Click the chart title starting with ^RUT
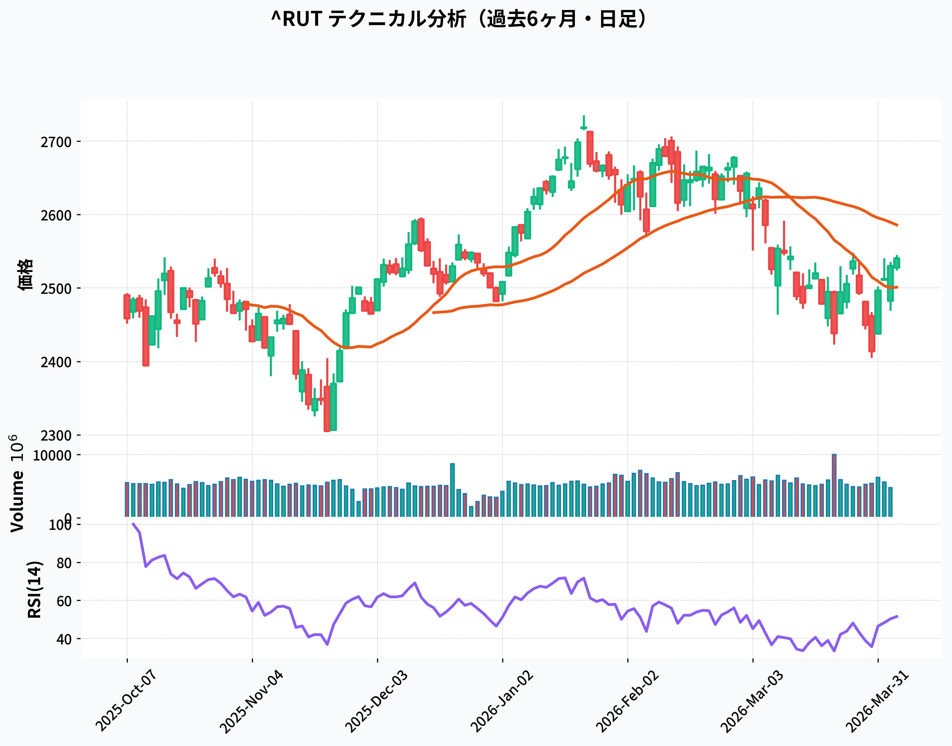[458, 19]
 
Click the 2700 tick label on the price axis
[56, 142]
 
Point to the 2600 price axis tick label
[56, 215]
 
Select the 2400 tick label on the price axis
[56, 362]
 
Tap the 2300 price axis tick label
[56, 436]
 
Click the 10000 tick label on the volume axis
[52, 456]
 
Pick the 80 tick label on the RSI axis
[64, 563]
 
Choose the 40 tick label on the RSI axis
[64, 639]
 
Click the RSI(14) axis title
[35, 590]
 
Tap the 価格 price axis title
[25, 275]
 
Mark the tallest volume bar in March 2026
[834, 485]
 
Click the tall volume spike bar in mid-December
[452, 490]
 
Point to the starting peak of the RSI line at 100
[133, 523]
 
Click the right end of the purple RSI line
[897, 616]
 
